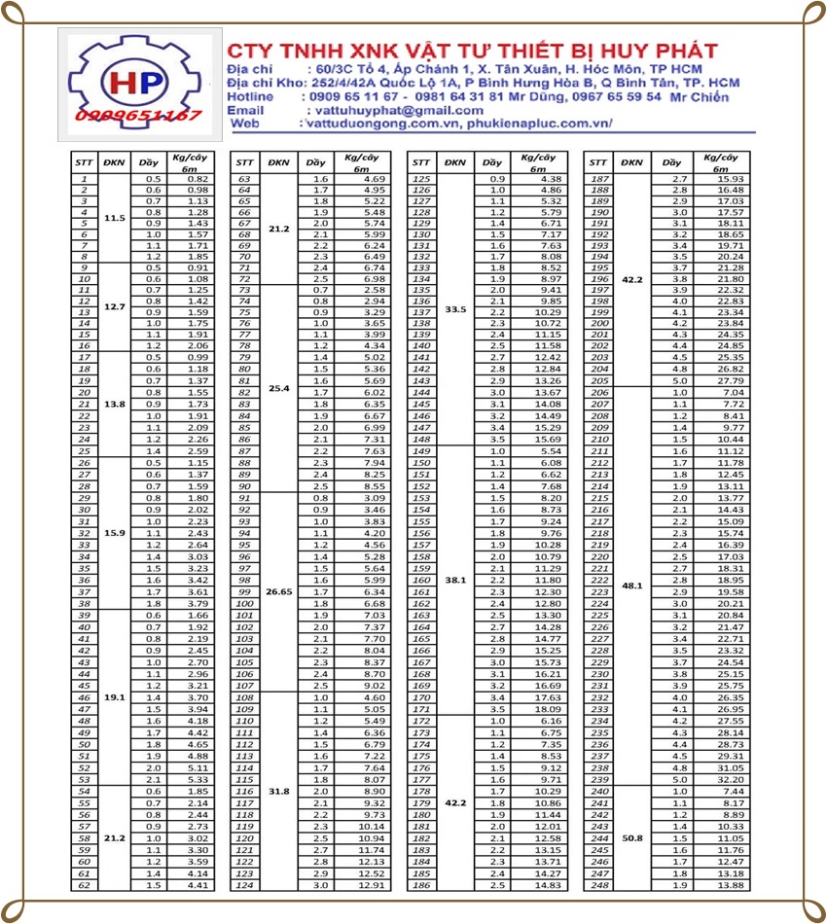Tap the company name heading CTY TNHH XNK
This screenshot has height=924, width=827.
[472, 51]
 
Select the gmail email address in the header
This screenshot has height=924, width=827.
[394, 111]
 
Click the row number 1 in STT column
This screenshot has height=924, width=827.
[85, 180]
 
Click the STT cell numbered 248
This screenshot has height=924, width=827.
[600, 885]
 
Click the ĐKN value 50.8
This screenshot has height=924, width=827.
[632, 837]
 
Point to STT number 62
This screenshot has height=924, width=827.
[85, 885]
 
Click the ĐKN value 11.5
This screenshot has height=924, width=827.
[115, 218]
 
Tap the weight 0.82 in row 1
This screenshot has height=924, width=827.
[198, 180]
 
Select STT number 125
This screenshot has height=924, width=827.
[421, 180]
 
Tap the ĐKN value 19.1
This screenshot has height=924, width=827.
[115, 697]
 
